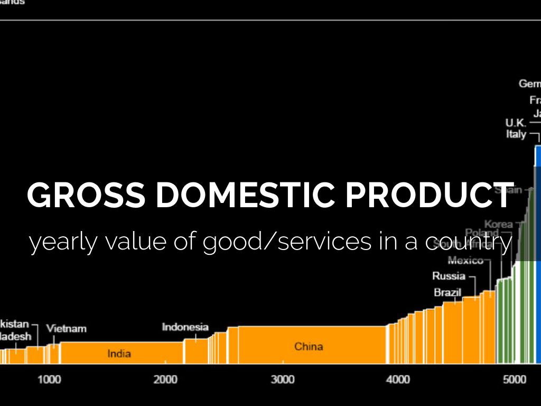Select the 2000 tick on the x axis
coord(165,380)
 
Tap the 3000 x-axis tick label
coord(282,380)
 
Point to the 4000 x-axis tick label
coord(398,380)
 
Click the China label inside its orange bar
coord(309,347)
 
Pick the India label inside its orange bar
coord(119,354)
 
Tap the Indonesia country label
coord(185,327)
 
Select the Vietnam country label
coord(66,328)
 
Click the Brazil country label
coord(447,292)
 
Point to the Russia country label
coord(449,276)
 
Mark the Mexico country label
coord(465,260)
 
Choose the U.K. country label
coord(515,123)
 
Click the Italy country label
coord(516,134)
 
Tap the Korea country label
coord(498,224)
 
